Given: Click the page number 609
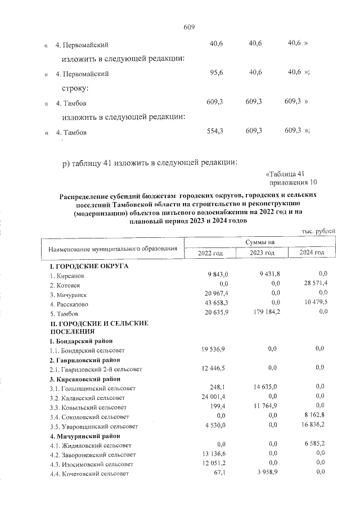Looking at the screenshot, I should [x=188, y=26].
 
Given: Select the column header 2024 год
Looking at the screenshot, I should [x=312, y=253].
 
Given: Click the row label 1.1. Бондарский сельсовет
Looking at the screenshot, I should [x=89, y=350].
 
